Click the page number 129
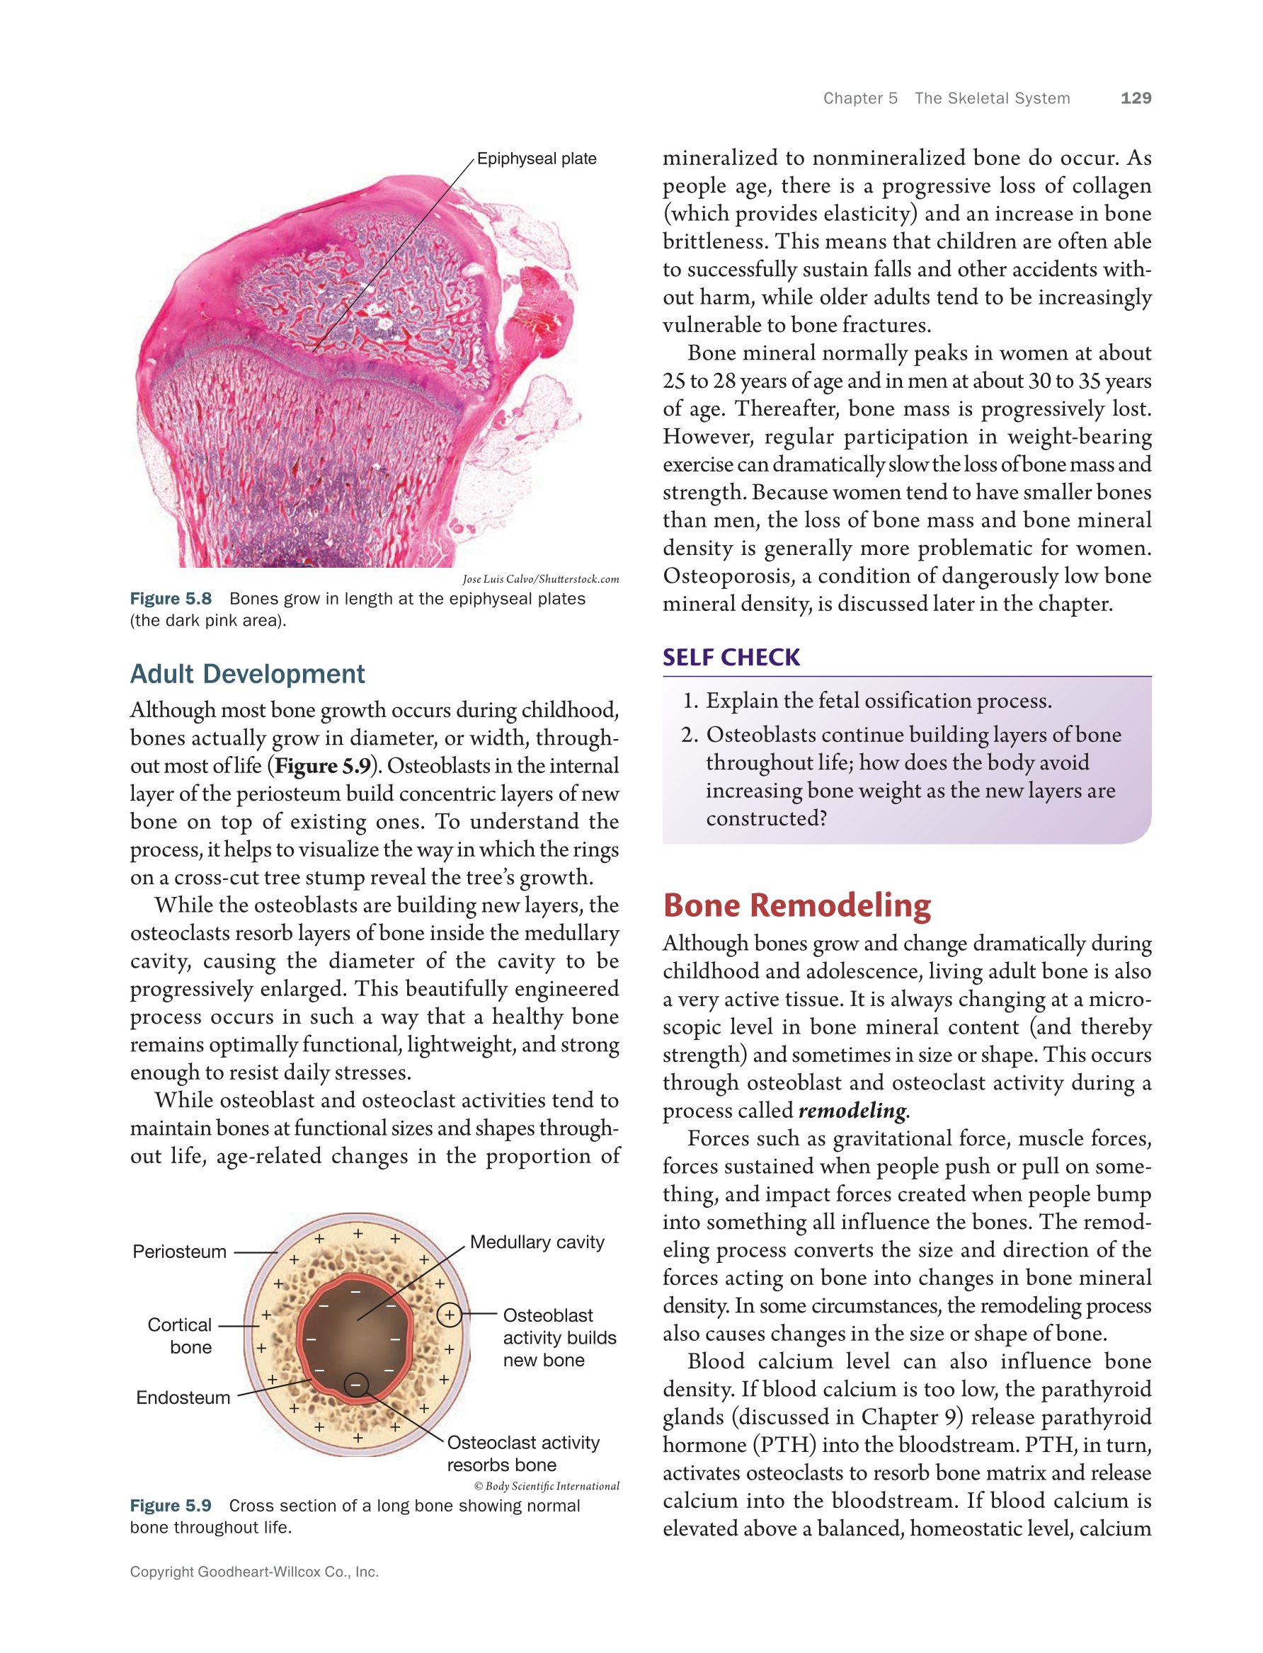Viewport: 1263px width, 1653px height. pyautogui.click(x=1135, y=98)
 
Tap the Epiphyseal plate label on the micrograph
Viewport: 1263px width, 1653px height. pyautogui.click(x=536, y=159)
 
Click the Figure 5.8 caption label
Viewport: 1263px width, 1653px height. pyautogui.click(x=171, y=598)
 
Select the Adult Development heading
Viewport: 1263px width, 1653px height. pyautogui.click(x=247, y=673)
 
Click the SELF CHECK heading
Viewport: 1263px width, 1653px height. pyautogui.click(x=731, y=657)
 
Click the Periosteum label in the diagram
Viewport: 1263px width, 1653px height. pyautogui.click(x=180, y=1252)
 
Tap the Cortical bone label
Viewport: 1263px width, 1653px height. pyautogui.click(x=181, y=1336)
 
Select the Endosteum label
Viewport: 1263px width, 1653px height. pyautogui.click(x=183, y=1397)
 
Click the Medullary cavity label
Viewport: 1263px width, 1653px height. pyautogui.click(x=537, y=1242)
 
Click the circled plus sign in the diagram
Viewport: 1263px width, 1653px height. pyautogui.click(x=449, y=1315)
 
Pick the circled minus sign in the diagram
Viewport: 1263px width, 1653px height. pyautogui.click(x=355, y=1385)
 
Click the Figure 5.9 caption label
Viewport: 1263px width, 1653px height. pyautogui.click(x=171, y=1506)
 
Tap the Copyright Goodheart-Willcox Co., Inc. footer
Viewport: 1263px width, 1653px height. pyautogui.click(x=254, y=1572)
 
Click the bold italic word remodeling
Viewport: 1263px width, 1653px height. pyautogui.click(x=852, y=1110)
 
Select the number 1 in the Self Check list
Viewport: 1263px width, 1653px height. pyautogui.click(x=690, y=701)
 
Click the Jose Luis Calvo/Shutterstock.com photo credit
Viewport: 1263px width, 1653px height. pyautogui.click(x=541, y=579)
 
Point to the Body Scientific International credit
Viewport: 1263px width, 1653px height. pyautogui.click(x=547, y=1486)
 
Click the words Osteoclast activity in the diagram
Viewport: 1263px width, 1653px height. pyautogui.click(x=523, y=1443)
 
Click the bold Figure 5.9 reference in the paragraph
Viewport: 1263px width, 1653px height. pyautogui.click(x=323, y=766)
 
